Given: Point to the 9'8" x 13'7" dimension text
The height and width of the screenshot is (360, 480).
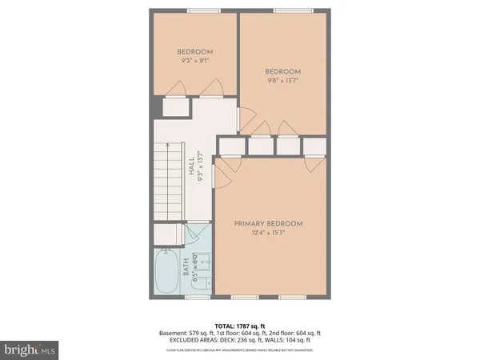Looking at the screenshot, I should click(283, 79).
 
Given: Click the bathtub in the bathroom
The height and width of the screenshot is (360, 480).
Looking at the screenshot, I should click(168, 273).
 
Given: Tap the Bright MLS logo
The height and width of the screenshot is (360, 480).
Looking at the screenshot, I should click(30, 349).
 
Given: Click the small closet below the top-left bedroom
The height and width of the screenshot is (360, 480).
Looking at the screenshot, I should click(174, 108).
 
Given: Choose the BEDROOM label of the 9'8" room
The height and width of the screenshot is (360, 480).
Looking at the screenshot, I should click(283, 70).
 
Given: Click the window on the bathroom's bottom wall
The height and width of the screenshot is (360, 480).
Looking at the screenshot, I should click(195, 298).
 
